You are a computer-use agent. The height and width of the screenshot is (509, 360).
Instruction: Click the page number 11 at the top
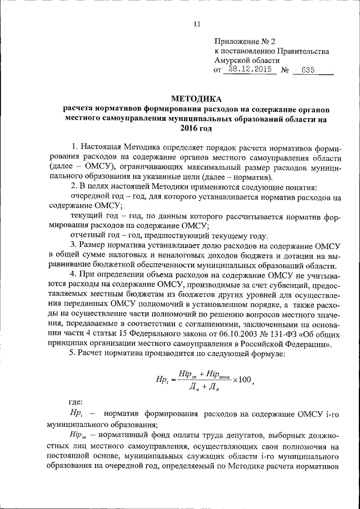pos(196,24)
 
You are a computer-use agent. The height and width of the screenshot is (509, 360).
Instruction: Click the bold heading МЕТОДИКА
pos(196,98)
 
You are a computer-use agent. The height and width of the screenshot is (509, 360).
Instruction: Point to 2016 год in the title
pos(196,129)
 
